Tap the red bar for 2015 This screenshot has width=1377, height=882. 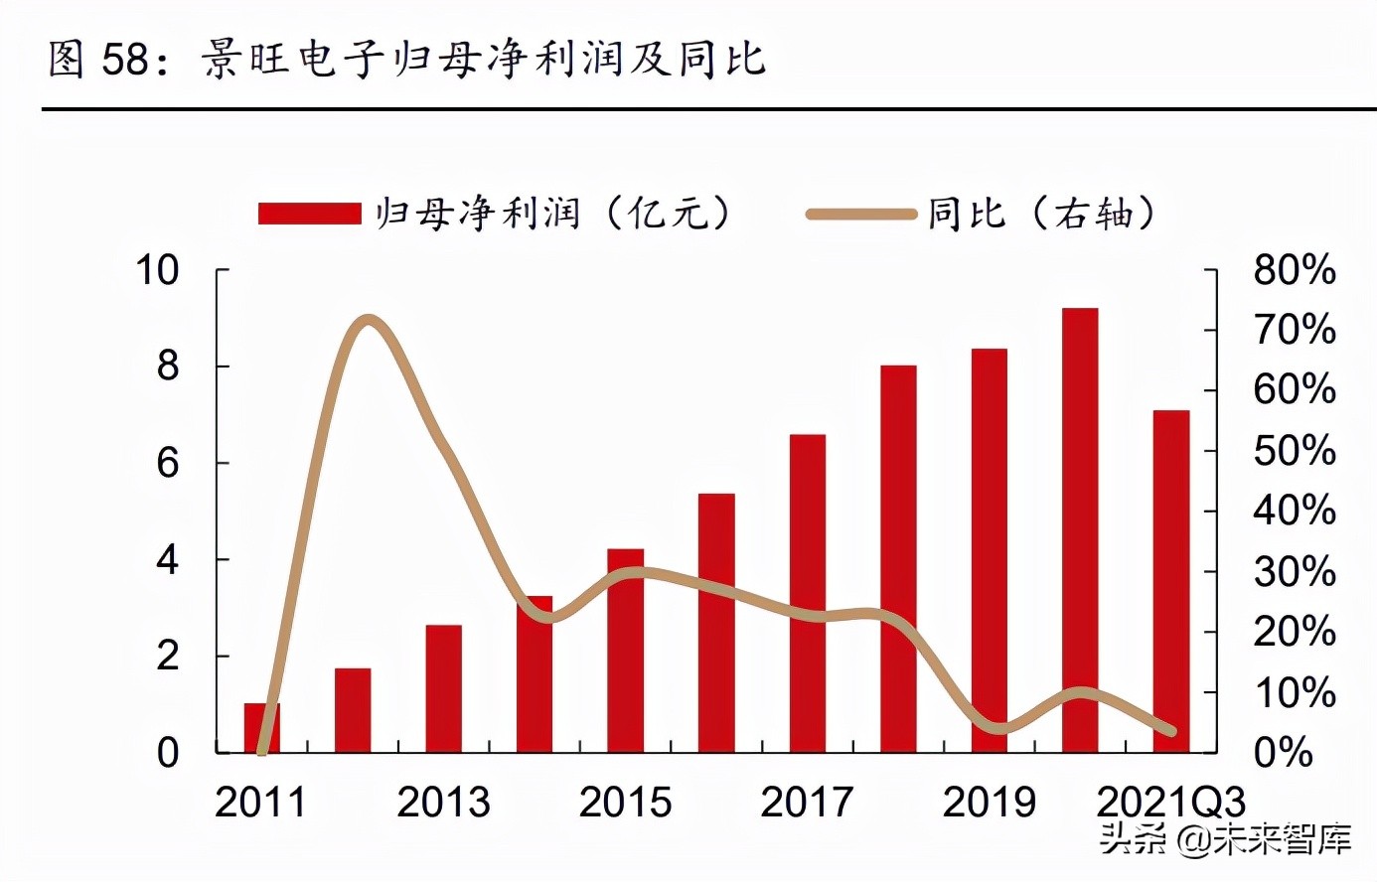[x=625, y=651]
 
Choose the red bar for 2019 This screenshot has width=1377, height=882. [x=989, y=550]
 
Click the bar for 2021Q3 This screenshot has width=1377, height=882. [x=1170, y=581]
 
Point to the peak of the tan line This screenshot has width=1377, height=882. [x=369, y=321]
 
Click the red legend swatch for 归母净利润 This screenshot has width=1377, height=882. [x=309, y=214]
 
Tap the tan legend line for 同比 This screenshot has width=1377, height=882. [x=859, y=214]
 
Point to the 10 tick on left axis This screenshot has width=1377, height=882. [x=157, y=270]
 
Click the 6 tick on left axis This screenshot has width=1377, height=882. [x=168, y=463]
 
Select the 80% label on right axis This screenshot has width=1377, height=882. [x=1294, y=270]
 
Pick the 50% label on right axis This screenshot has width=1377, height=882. [x=1294, y=451]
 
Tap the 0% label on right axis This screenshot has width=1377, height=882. [x=1283, y=753]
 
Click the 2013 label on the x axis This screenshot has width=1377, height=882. [x=443, y=803]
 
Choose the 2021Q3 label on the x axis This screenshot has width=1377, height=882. [x=1170, y=803]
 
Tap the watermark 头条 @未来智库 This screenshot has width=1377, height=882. [x=1225, y=840]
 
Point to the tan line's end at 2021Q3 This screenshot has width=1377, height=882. [x=1170, y=731]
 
